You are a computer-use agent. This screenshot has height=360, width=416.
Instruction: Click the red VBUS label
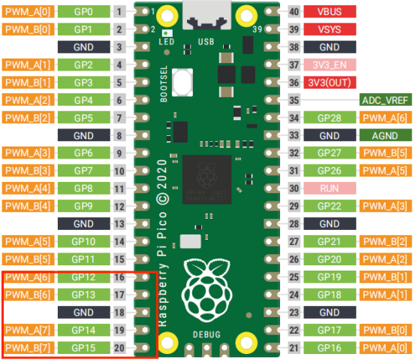coord(330,12)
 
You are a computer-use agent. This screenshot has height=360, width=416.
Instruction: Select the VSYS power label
coord(330,29)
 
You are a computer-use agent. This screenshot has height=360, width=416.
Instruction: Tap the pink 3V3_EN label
coord(330,65)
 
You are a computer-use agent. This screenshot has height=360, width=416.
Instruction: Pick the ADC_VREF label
coord(385,100)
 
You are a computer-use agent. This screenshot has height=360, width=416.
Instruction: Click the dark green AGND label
coord(385,135)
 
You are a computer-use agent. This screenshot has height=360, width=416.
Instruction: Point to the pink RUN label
coord(330,188)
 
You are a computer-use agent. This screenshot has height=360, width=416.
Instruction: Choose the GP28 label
coord(330,117)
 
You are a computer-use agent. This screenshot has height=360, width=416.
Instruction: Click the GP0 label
coord(84,12)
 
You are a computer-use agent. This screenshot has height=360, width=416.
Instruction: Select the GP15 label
coord(84,348)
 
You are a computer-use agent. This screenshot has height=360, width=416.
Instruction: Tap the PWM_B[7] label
coord(28,348)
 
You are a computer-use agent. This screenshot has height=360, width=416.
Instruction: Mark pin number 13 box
coord(119,224)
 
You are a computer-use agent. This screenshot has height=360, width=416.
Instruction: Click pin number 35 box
coord(294,100)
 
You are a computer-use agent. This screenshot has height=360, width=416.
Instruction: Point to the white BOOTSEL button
coord(182,83)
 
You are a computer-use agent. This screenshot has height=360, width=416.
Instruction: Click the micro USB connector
coord(206,14)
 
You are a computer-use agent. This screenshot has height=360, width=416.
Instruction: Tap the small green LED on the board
coord(167,33)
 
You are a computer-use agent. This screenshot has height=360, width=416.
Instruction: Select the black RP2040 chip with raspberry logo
coord(207,180)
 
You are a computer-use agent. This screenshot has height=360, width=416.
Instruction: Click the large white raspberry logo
coord(207,291)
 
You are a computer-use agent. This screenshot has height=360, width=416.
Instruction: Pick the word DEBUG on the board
coord(206,334)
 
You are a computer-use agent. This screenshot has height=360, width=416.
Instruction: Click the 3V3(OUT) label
coord(330,83)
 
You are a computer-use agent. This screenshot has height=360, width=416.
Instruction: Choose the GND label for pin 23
coord(330,312)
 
